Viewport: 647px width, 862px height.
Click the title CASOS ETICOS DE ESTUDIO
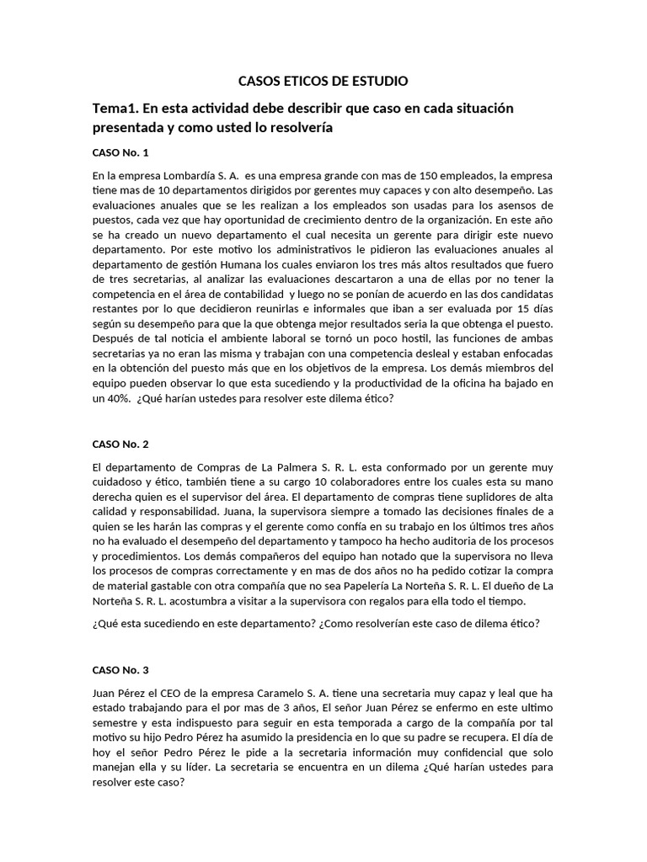pyautogui.click(x=323, y=81)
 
